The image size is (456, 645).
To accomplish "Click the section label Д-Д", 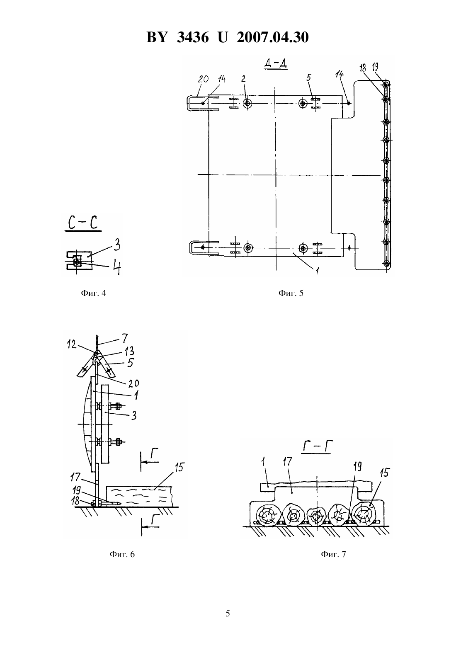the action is click(275, 64).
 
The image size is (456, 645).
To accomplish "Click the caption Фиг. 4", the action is click(94, 293).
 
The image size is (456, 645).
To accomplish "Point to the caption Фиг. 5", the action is click(291, 293).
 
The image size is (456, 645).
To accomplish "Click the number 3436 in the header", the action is click(193, 37).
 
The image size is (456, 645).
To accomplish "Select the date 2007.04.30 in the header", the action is click(273, 37).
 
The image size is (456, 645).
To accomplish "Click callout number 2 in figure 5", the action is click(244, 79).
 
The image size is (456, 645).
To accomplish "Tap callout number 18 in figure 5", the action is click(362, 68).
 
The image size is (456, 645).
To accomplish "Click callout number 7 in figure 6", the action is click(124, 338).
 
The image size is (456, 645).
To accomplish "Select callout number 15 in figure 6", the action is click(179, 467).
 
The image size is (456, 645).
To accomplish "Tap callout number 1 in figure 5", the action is click(317, 270).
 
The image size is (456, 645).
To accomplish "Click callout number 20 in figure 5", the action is click(203, 79).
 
